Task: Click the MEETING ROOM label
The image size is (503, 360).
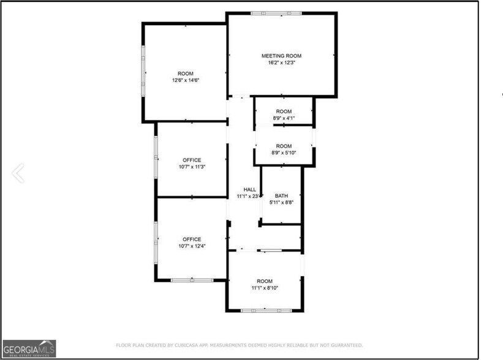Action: (282, 56)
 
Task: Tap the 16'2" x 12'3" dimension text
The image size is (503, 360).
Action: (282, 62)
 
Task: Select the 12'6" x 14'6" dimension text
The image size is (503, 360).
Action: (186, 80)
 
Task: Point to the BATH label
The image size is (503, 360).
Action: (281, 196)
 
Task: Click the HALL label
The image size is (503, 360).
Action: (249, 190)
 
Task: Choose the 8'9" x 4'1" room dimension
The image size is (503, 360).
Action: (284, 118)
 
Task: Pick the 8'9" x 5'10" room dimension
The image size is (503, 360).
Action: (284, 152)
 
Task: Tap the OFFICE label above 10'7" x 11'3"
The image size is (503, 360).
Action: (192, 160)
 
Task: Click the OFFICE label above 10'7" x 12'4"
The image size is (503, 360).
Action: (192, 239)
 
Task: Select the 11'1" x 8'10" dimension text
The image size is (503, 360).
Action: (265, 288)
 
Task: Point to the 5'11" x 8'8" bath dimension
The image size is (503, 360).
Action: (282, 203)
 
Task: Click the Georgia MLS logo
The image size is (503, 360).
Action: (29, 348)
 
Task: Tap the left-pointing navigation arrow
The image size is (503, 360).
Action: (18, 173)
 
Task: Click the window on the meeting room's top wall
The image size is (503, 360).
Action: (275, 13)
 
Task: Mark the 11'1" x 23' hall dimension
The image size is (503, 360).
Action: (249, 197)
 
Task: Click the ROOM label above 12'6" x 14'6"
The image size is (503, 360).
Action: (186, 73)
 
